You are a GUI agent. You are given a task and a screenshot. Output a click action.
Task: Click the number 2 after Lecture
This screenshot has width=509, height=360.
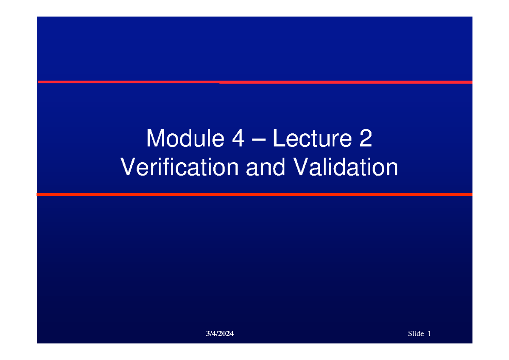tap(366, 139)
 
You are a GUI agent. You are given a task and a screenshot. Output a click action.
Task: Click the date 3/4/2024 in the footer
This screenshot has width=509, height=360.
tap(220, 334)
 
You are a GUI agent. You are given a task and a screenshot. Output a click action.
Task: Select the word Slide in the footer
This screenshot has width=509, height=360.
tap(416, 334)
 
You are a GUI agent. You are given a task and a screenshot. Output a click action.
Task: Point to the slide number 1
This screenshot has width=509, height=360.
tap(429, 334)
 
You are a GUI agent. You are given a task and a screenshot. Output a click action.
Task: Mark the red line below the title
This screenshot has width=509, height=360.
tap(255, 194)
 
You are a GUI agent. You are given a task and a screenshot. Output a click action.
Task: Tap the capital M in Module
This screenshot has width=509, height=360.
tap(154, 139)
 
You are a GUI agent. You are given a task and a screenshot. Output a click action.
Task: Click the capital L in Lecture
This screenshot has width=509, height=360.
tap(277, 139)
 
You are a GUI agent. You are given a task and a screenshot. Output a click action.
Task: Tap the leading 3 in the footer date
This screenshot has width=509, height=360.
tap(207, 334)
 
